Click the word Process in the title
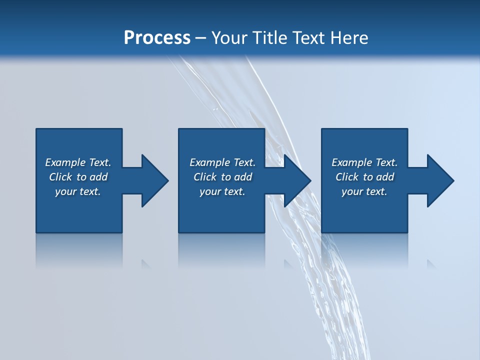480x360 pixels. click(157, 38)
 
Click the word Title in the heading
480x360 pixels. click(270, 38)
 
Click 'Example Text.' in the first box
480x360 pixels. click(78, 162)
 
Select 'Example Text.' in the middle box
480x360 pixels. click(222, 162)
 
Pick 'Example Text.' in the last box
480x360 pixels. click(364, 162)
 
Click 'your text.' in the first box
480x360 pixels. click(78, 191)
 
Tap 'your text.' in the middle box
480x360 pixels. click(222, 191)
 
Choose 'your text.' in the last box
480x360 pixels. click(364, 191)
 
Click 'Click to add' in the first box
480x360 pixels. click(78, 177)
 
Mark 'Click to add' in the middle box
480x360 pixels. click(222, 177)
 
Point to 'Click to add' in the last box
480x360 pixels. click(364, 177)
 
